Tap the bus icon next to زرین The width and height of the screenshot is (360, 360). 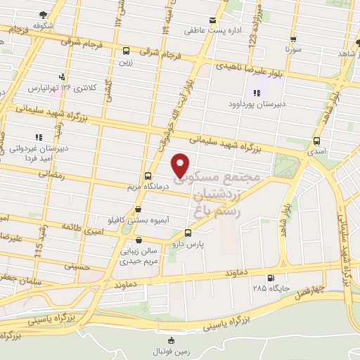[x=126, y=51]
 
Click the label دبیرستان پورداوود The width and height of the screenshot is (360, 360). [x=255, y=104]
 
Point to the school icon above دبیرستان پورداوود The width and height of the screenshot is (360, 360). [x=255, y=93]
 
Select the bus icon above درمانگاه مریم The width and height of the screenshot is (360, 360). [x=147, y=176]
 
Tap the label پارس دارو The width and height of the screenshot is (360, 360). [x=188, y=244]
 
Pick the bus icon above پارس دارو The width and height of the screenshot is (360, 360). [x=188, y=233]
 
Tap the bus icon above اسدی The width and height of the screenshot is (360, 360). [x=318, y=140]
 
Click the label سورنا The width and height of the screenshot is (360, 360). [x=292, y=51]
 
